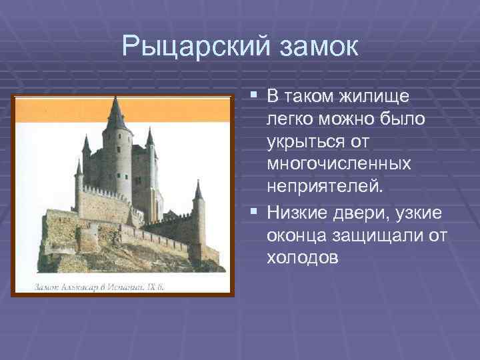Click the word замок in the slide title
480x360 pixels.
[x=318, y=47]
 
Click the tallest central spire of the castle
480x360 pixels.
[x=116, y=112]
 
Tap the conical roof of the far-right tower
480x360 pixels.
[x=197, y=190]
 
